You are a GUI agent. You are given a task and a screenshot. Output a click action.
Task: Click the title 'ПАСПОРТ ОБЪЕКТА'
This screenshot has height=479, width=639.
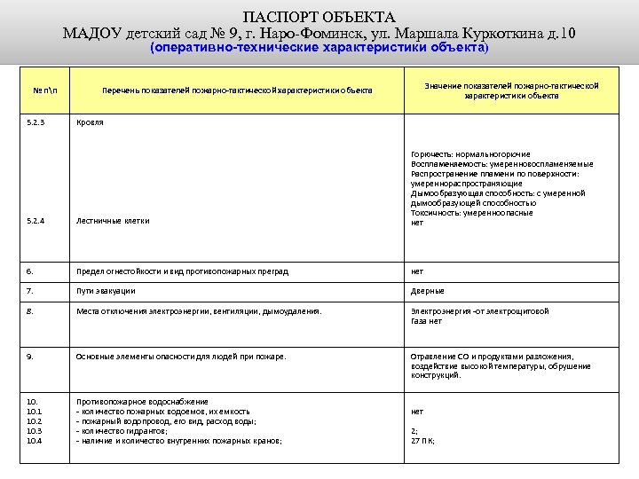[319, 17]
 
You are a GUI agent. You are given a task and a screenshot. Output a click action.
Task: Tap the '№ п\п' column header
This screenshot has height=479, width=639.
[45, 90]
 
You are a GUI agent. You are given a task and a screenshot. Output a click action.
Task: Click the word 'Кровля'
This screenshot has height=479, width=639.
[90, 122]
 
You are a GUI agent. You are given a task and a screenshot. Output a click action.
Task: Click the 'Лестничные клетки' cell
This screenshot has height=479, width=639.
[114, 221]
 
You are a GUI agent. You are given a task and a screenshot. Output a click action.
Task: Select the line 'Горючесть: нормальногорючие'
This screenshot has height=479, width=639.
[470, 154]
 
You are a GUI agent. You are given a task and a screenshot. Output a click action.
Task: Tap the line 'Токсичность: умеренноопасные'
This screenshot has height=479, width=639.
[472, 213]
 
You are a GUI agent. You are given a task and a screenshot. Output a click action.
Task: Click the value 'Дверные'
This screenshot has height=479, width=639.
[428, 291]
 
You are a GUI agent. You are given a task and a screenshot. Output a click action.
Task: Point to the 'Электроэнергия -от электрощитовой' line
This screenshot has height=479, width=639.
[480, 311]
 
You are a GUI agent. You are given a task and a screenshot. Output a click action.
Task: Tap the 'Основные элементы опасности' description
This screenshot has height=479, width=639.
[182, 357]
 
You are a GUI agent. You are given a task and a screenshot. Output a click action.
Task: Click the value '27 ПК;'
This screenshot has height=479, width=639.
[422, 441]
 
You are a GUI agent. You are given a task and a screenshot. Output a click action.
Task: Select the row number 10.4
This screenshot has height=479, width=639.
[35, 441]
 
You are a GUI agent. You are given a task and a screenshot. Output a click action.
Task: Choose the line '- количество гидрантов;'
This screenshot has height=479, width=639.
[123, 431]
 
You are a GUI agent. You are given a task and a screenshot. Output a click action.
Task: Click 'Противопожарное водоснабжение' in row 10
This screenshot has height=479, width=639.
[143, 402]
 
